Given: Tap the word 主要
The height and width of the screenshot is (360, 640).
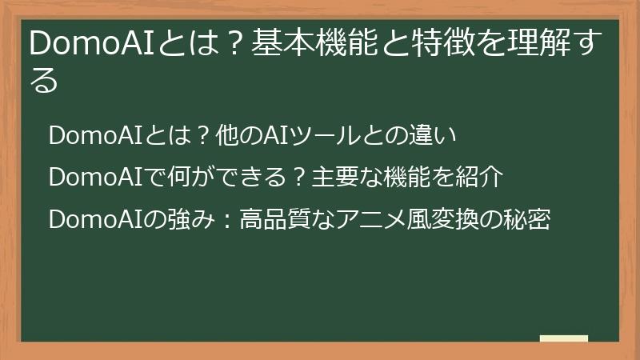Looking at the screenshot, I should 325,178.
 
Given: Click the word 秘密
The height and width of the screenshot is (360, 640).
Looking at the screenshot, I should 528,219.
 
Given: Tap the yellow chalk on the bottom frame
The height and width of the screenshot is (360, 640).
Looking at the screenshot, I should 563,339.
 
